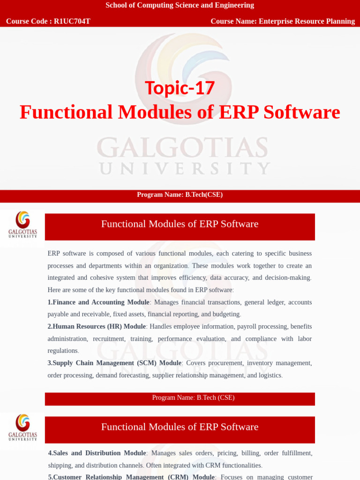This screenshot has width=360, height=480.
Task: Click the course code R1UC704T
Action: click(72, 21)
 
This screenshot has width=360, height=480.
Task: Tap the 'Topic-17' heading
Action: click(180, 88)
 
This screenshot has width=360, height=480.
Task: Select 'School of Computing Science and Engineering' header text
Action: click(180, 5)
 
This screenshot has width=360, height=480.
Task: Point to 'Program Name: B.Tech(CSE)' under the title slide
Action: click(180, 195)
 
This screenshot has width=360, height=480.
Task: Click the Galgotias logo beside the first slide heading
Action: click(22, 225)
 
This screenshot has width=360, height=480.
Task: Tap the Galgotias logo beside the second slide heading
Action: click(22, 427)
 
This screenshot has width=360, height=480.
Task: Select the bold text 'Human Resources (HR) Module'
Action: click(99, 327)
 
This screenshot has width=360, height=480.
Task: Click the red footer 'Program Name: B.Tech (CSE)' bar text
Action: click(193, 398)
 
